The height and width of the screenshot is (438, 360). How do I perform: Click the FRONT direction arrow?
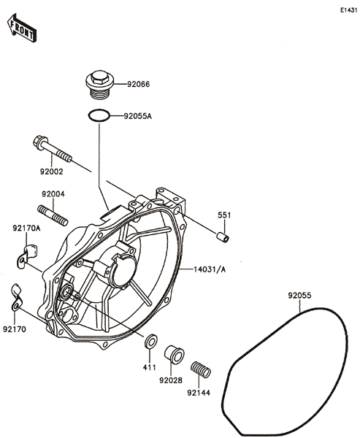pos(21,28)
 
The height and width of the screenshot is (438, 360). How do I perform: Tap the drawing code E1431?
pos(349,10)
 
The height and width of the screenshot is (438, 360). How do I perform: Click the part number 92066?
pos(138,84)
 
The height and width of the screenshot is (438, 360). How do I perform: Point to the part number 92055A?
pos(138,116)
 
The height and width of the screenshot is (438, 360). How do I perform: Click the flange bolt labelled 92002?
pos(53,148)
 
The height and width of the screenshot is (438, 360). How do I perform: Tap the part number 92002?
pos(51,172)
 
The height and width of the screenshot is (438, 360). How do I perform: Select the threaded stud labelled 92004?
pos(53,215)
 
